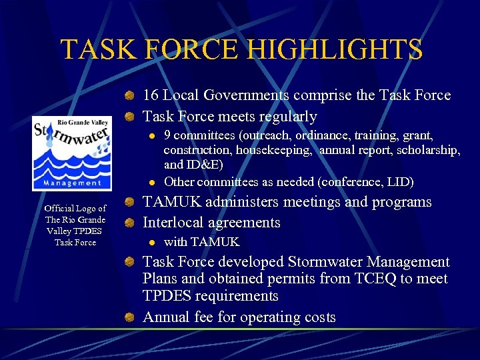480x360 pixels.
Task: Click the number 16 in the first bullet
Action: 151,95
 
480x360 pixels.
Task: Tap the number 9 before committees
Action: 167,137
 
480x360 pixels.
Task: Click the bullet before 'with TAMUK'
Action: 153,242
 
